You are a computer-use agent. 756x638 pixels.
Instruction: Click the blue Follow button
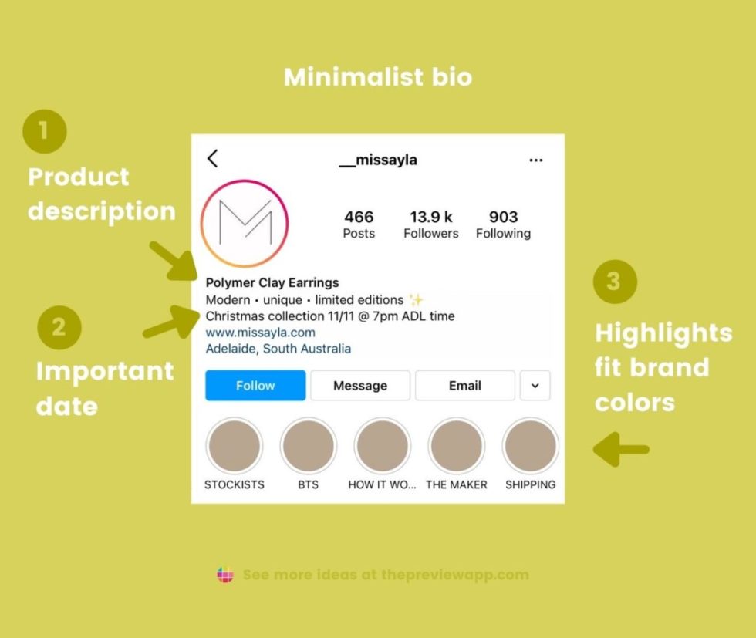(255, 386)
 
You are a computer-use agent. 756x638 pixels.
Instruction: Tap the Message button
(360, 386)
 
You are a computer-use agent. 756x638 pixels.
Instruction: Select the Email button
(464, 386)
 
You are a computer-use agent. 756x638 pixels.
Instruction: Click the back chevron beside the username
(213, 159)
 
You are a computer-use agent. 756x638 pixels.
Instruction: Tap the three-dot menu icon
(536, 160)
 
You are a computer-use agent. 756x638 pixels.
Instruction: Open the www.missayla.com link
(261, 333)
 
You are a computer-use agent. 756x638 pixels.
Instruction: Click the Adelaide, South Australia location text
(278, 349)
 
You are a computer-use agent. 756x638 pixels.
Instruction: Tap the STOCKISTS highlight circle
(235, 447)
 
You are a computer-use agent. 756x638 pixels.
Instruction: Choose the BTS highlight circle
(308, 447)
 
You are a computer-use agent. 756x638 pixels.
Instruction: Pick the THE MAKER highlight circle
(456, 447)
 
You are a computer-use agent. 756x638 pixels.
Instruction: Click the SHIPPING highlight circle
(530, 447)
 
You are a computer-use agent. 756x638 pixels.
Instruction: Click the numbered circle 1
(44, 130)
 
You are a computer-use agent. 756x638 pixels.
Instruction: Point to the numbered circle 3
(614, 281)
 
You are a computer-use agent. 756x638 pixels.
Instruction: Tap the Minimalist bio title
(378, 77)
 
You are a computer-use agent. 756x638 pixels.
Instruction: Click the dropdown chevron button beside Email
(535, 386)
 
